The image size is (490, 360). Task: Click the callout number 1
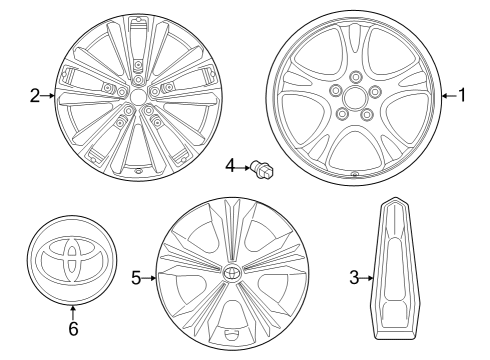coord(462,95)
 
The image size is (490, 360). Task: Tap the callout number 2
coord(34,96)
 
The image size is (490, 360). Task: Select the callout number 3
coord(353,277)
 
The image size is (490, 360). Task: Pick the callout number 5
coord(136,277)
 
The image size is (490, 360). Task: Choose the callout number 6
coord(72,327)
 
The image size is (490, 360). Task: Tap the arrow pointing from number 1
coord(448,95)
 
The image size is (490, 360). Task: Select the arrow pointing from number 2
coord(48,96)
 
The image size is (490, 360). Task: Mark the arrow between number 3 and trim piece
coord(367,277)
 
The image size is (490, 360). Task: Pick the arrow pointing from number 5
coord(150,277)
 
